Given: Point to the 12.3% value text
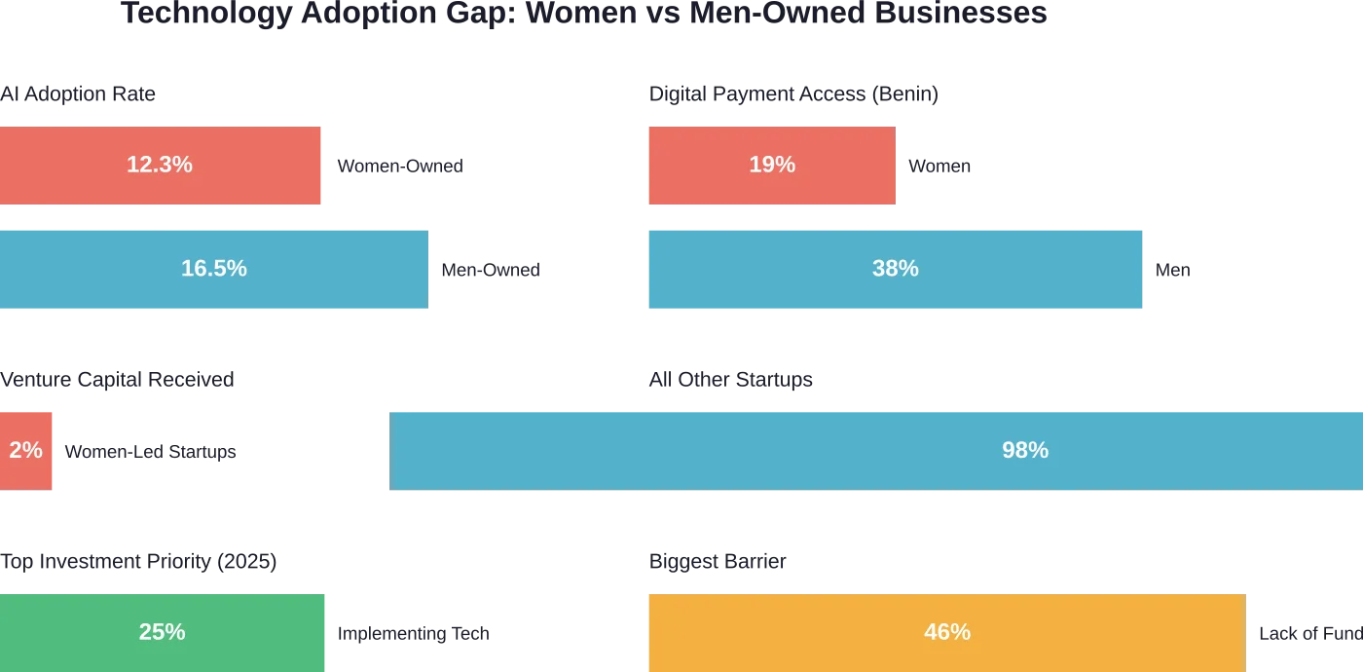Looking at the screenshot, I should (x=160, y=166).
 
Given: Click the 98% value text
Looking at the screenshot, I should (x=1025, y=450).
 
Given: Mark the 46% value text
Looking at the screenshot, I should (x=947, y=632).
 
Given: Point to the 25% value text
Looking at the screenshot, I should (x=162, y=632).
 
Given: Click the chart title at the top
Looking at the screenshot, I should (x=584, y=12).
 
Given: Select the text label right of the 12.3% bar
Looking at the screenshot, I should (x=400, y=167).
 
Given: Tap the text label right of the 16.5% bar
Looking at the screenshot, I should (x=490, y=270).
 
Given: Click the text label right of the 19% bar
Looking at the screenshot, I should (x=939, y=167).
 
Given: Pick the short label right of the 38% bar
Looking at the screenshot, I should (x=1171, y=270).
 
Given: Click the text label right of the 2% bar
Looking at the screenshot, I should (x=151, y=452).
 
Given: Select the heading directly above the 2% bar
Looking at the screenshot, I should (x=116, y=379).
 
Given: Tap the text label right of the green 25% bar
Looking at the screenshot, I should (x=412, y=634).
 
